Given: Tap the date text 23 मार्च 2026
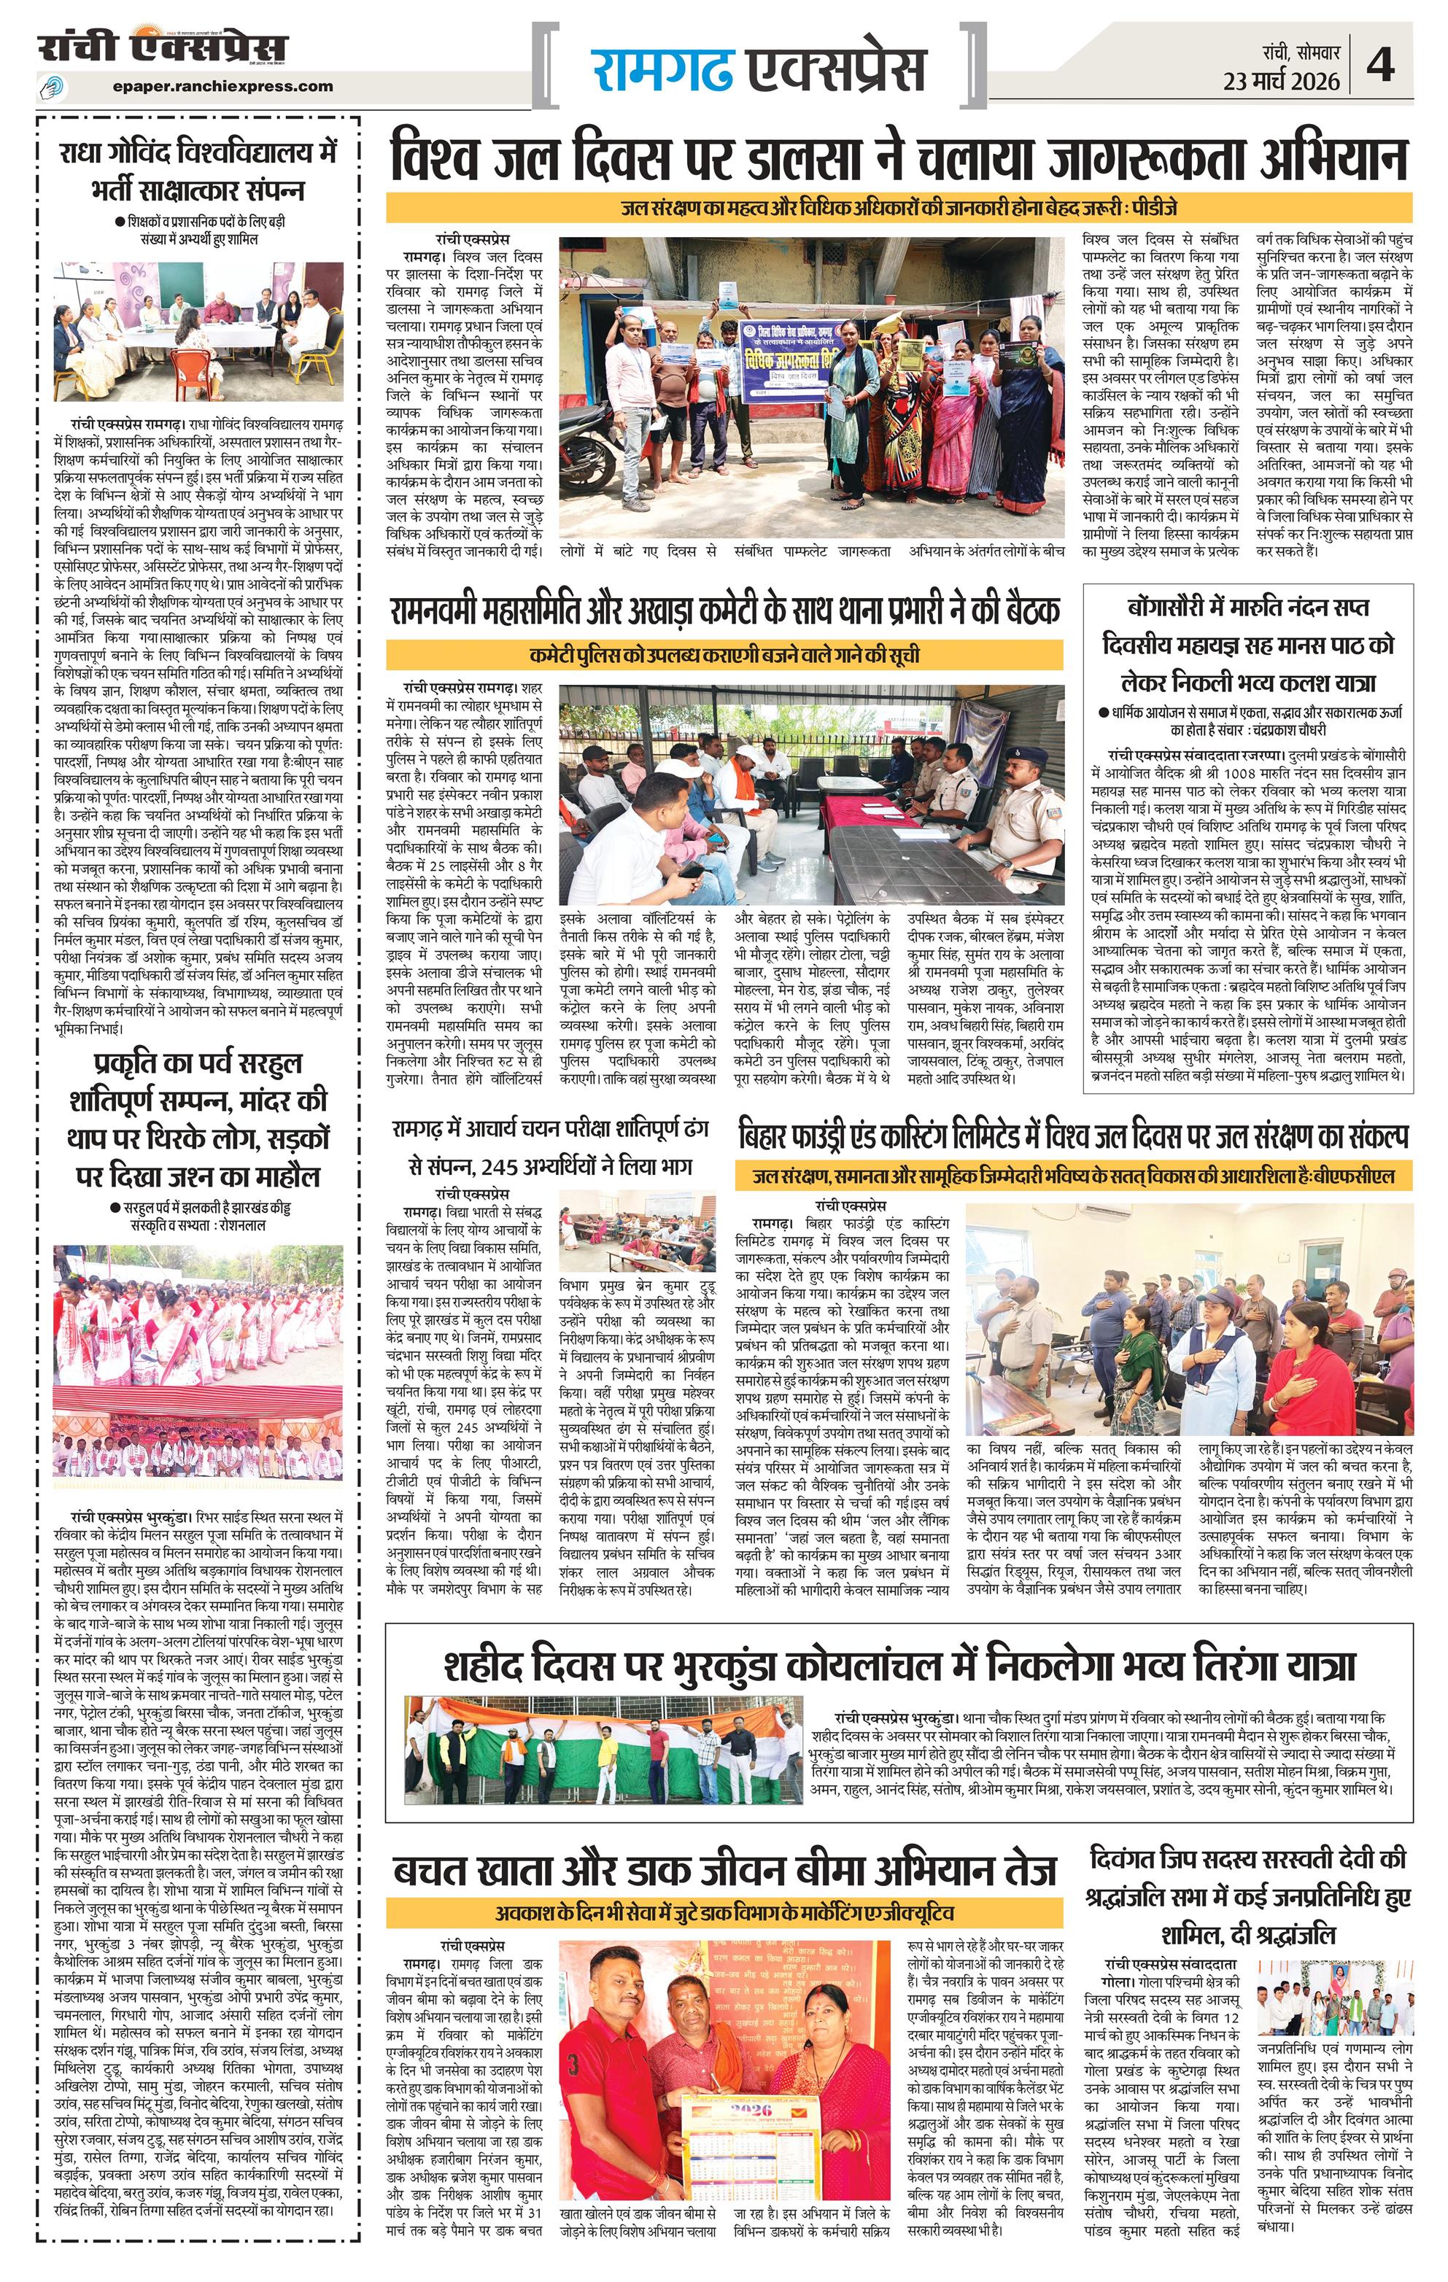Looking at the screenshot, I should point(1280,82).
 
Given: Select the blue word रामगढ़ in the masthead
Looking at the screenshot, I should point(662,69).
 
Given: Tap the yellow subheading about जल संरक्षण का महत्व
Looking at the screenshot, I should point(899,208).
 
